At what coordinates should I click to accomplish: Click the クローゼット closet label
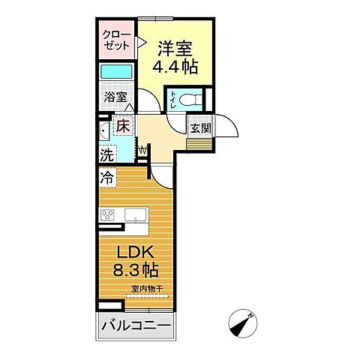coord(116,40)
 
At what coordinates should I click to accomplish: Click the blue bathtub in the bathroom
coord(115,72)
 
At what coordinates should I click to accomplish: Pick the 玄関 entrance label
coord(199,127)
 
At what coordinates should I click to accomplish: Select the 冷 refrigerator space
coord(107,179)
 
